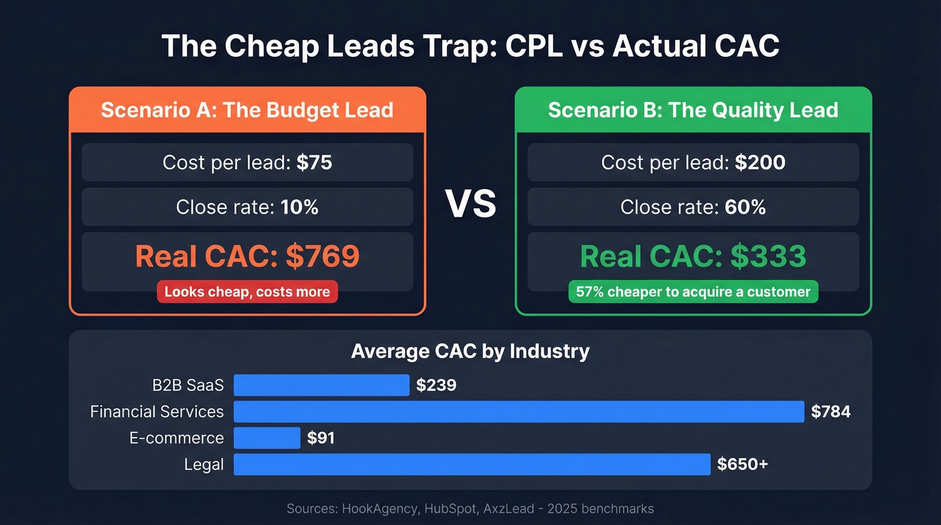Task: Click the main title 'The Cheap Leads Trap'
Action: (470, 47)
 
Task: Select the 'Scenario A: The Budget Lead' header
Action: (247, 110)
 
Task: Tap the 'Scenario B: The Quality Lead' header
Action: (693, 110)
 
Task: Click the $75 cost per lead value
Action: (314, 163)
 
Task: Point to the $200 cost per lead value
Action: (760, 163)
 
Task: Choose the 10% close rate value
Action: (300, 207)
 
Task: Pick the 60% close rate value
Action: (745, 207)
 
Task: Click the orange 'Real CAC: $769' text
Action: (247, 256)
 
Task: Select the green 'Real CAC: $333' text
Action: (693, 256)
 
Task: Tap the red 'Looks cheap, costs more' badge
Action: (247, 292)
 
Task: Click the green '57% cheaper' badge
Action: (693, 292)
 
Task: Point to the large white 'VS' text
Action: (470, 204)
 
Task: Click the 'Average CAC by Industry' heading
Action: (470, 351)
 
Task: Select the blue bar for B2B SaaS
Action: (321, 385)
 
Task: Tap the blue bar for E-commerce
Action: (267, 438)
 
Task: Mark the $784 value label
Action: (831, 411)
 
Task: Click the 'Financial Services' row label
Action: (157, 411)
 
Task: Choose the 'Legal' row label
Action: (204, 464)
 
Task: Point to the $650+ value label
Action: (742, 464)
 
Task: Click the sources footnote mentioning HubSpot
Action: (470, 508)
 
